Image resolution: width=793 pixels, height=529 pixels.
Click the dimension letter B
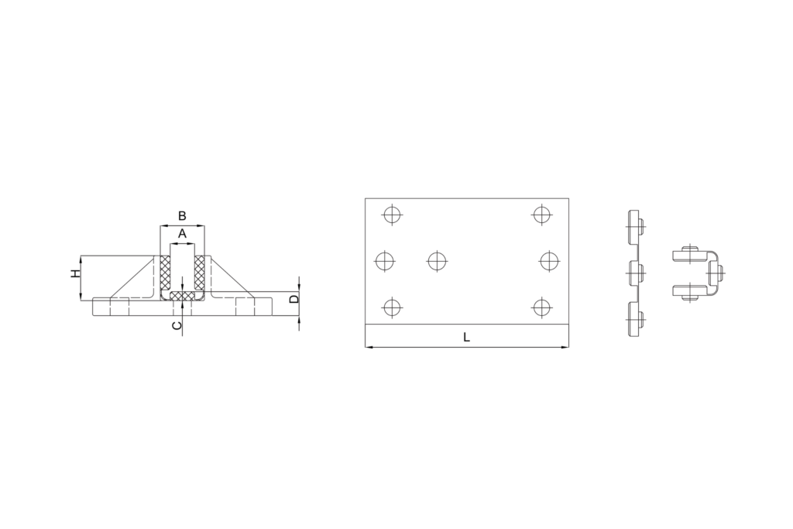pos(182,215)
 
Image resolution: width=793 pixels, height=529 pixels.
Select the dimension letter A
pos(182,232)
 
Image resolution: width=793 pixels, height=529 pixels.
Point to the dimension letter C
pos(177,325)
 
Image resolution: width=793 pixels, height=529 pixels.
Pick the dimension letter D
pos(294,298)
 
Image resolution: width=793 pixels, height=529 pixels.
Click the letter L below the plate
pos(466,337)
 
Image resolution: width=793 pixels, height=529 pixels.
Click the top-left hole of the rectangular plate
pos(393,214)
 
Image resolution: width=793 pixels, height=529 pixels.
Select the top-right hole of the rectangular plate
pos(541,214)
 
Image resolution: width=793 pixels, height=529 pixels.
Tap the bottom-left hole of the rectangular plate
pos(393,307)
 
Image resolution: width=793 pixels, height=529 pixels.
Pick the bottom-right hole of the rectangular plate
pos(541,307)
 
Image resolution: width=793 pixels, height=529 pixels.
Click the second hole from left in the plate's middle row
pos(437,261)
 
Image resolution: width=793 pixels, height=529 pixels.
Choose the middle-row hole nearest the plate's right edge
pos(549,261)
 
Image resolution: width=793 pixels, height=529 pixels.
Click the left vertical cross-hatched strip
pos(164,273)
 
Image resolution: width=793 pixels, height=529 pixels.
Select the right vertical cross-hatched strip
pos(200,273)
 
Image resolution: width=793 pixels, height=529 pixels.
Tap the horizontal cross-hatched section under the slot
pos(182,297)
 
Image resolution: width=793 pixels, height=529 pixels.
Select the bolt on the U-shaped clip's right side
pos(718,272)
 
